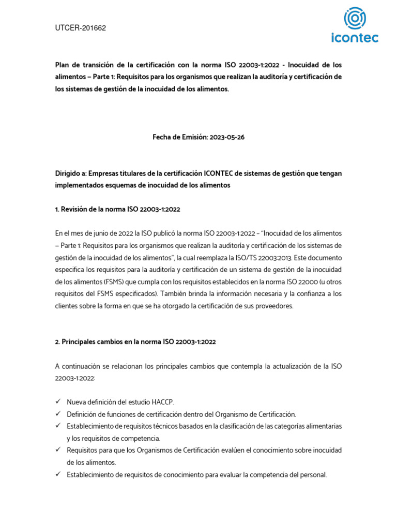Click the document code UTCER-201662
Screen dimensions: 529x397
click(x=80, y=28)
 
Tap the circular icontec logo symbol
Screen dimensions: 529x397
click(x=354, y=19)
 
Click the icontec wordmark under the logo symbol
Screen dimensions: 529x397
click(x=354, y=38)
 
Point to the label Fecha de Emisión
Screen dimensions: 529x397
click(x=179, y=137)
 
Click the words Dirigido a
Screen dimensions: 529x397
click(x=72, y=173)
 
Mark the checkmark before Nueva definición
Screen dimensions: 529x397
click(x=58, y=401)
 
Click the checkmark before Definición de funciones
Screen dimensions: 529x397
click(x=58, y=414)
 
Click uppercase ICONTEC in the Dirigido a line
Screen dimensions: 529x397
click(x=221, y=173)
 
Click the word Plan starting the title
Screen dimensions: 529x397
click(x=63, y=65)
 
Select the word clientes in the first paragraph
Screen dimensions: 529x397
click(x=67, y=305)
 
